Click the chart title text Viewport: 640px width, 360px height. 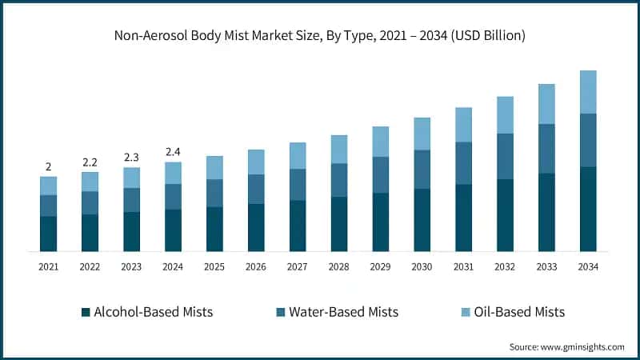pyautogui.click(x=320, y=35)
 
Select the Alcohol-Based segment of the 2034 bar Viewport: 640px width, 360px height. pyautogui.click(x=588, y=209)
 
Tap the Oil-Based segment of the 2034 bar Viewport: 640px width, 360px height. pyautogui.click(x=588, y=92)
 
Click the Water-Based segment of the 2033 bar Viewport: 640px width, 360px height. pyautogui.click(x=546, y=149)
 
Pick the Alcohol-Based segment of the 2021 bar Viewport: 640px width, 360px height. pyautogui.click(x=48, y=234)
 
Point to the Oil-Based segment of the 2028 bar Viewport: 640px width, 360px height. pyautogui.click(x=339, y=150)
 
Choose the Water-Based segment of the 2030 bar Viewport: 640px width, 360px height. pyautogui.click(x=422, y=170)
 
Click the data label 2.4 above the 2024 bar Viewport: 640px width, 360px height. pyautogui.click(x=173, y=152)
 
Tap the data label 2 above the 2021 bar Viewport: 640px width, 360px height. pyautogui.click(x=48, y=167)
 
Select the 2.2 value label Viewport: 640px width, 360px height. pyautogui.click(x=90, y=162)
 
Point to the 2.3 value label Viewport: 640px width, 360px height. pyautogui.click(x=131, y=158)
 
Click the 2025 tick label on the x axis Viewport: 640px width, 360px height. pyautogui.click(x=214, y=266)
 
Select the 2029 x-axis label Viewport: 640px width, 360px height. pyautogui.click(x=381, y=266)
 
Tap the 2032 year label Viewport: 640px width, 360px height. pyautogui.click(x=505, y=266)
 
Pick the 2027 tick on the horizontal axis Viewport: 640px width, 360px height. pyautogui.click(x=298, y=266)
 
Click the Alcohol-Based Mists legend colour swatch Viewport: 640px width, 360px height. pyautogui.click(x=86, y=312)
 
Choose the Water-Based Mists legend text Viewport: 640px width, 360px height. pyautogui.click(x=344, y=312)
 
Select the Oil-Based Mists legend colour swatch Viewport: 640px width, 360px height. pyautogui.click(x=464, y=312)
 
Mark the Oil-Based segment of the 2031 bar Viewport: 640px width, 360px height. pyautogui.click(x=464, y=125)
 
